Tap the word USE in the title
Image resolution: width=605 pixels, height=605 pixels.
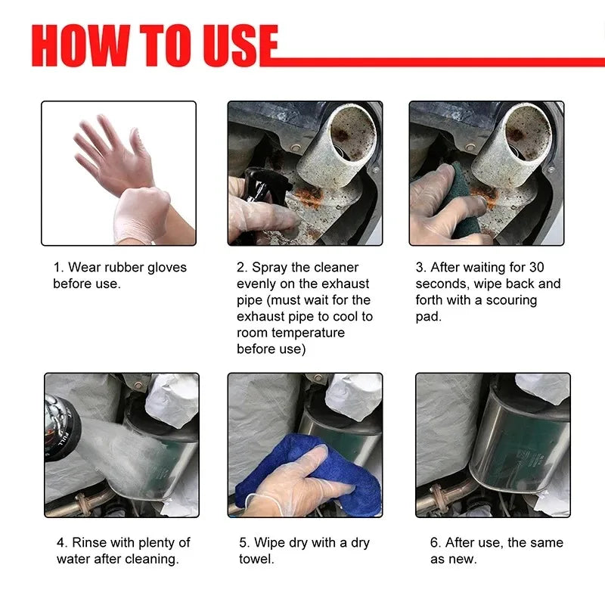coord(237,47)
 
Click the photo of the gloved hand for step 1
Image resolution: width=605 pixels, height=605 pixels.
coord(119,173)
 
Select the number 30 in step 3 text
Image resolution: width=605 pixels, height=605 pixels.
coord(536,267)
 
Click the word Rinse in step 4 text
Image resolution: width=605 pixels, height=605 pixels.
coord(90,543)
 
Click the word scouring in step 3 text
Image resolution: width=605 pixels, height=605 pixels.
coord(506,300)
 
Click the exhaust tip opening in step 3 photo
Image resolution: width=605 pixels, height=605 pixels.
coord(529,132)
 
